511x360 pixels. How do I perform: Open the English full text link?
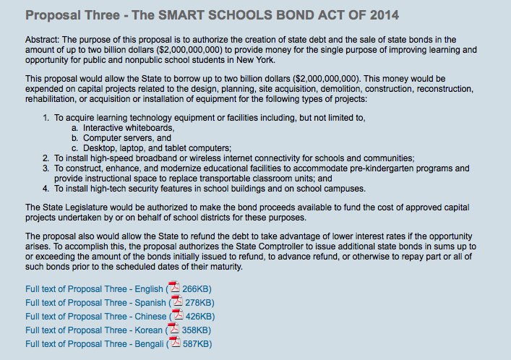(94, 289)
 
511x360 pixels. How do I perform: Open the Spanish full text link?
(95, 303)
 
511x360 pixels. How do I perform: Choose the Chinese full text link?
(97, 317)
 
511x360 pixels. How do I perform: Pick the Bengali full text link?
(95, 344)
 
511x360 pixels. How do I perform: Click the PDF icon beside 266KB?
(174, 288)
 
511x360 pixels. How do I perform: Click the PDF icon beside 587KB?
(174, 343)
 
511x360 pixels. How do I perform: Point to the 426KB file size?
(198, 317)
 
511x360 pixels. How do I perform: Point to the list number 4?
(46, 189)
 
